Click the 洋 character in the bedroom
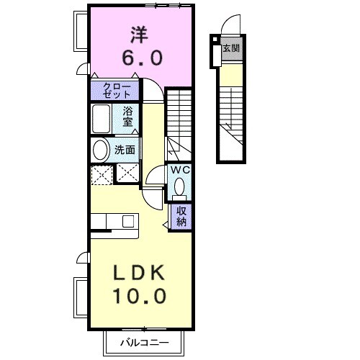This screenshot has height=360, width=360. click(141, 33)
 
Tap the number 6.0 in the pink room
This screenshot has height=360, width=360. click(141, 57)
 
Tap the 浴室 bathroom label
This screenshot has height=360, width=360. click(128, 117)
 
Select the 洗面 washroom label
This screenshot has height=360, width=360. click(125, 150)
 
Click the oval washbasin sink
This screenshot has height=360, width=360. click(101, 150)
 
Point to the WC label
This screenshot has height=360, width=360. click(180, 170)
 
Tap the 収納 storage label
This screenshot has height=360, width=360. click(181, 216)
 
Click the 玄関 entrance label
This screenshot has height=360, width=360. click(230, 49)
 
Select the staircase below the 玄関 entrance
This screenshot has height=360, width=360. click(230, 115)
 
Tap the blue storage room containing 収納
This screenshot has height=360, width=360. click(181, 216)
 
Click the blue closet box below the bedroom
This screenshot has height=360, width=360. click(114, 90)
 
